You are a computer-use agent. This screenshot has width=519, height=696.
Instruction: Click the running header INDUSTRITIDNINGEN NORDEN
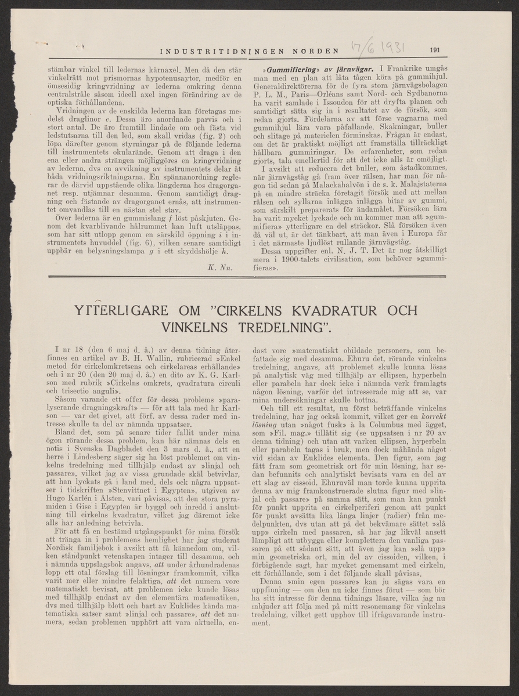(x=249, y=50)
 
